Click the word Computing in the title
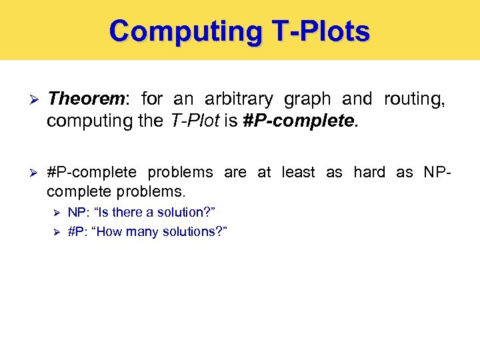181,31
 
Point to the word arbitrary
238,99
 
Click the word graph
307,99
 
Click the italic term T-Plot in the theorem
189,121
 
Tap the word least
297,172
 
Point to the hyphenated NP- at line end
437,172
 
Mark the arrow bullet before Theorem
27,100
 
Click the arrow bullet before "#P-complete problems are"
27,173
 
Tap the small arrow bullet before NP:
57,213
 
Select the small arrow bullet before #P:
57,232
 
